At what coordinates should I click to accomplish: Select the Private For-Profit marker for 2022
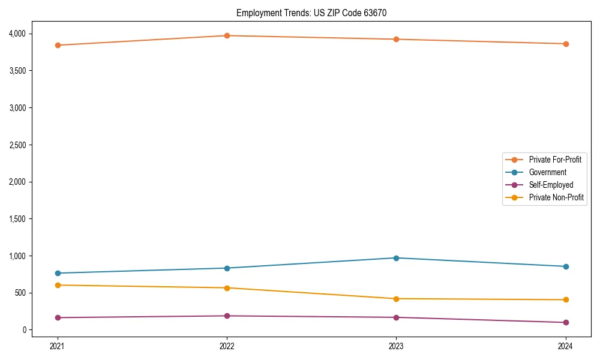point(227,35)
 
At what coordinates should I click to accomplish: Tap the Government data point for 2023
point(396,258)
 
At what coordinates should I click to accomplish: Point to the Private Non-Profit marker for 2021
point(58,285)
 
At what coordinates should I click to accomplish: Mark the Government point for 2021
point(58,273)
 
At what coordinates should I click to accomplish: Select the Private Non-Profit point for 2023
point(396,299)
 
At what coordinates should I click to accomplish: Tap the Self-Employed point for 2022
point(227,316)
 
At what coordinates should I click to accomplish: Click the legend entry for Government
point(547,172)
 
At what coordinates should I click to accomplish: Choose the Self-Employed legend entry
point(551,185)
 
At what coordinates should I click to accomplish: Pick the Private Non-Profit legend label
point(556,197)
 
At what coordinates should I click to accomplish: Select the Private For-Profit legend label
point(555,160)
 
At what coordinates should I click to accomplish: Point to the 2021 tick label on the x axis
point(58,346)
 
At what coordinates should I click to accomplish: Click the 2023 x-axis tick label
point(396,346)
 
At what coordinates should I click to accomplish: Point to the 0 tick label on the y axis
point(25,330)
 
